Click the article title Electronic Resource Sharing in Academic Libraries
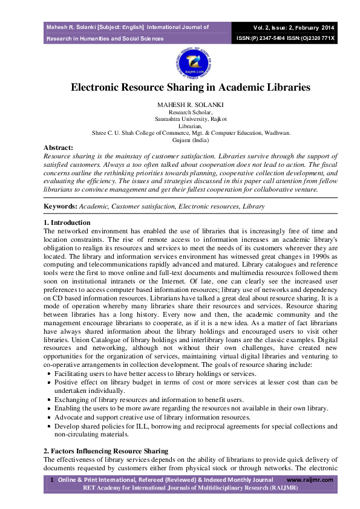pyautogui.click(x=191, y=87)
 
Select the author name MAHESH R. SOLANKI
pyautogui.click(x=190, y=105)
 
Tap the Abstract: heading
pyautogui.click(x=58, y=148)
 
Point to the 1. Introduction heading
pyautogui.click(x=67, y=222)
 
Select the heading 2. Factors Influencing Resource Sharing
pyautogui.click(x=106, y=452)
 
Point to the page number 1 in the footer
pyautogui.click(x=52, y=479)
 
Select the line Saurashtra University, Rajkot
pyautogui.click(x=190, y=119)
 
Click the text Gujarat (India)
pyautogui.click(x=190, y=139)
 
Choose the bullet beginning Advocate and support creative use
pyautogui.click(x=152, y=417)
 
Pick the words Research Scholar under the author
pyautogui.click(x=190, y=112)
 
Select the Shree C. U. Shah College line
pyautogui.click(x=191, y=132)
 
